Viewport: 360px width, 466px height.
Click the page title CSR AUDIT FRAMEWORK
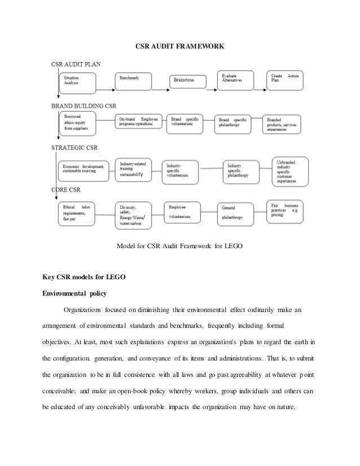click(x=180, y=43)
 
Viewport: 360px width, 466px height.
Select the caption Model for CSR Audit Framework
click(x=179, y=247)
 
